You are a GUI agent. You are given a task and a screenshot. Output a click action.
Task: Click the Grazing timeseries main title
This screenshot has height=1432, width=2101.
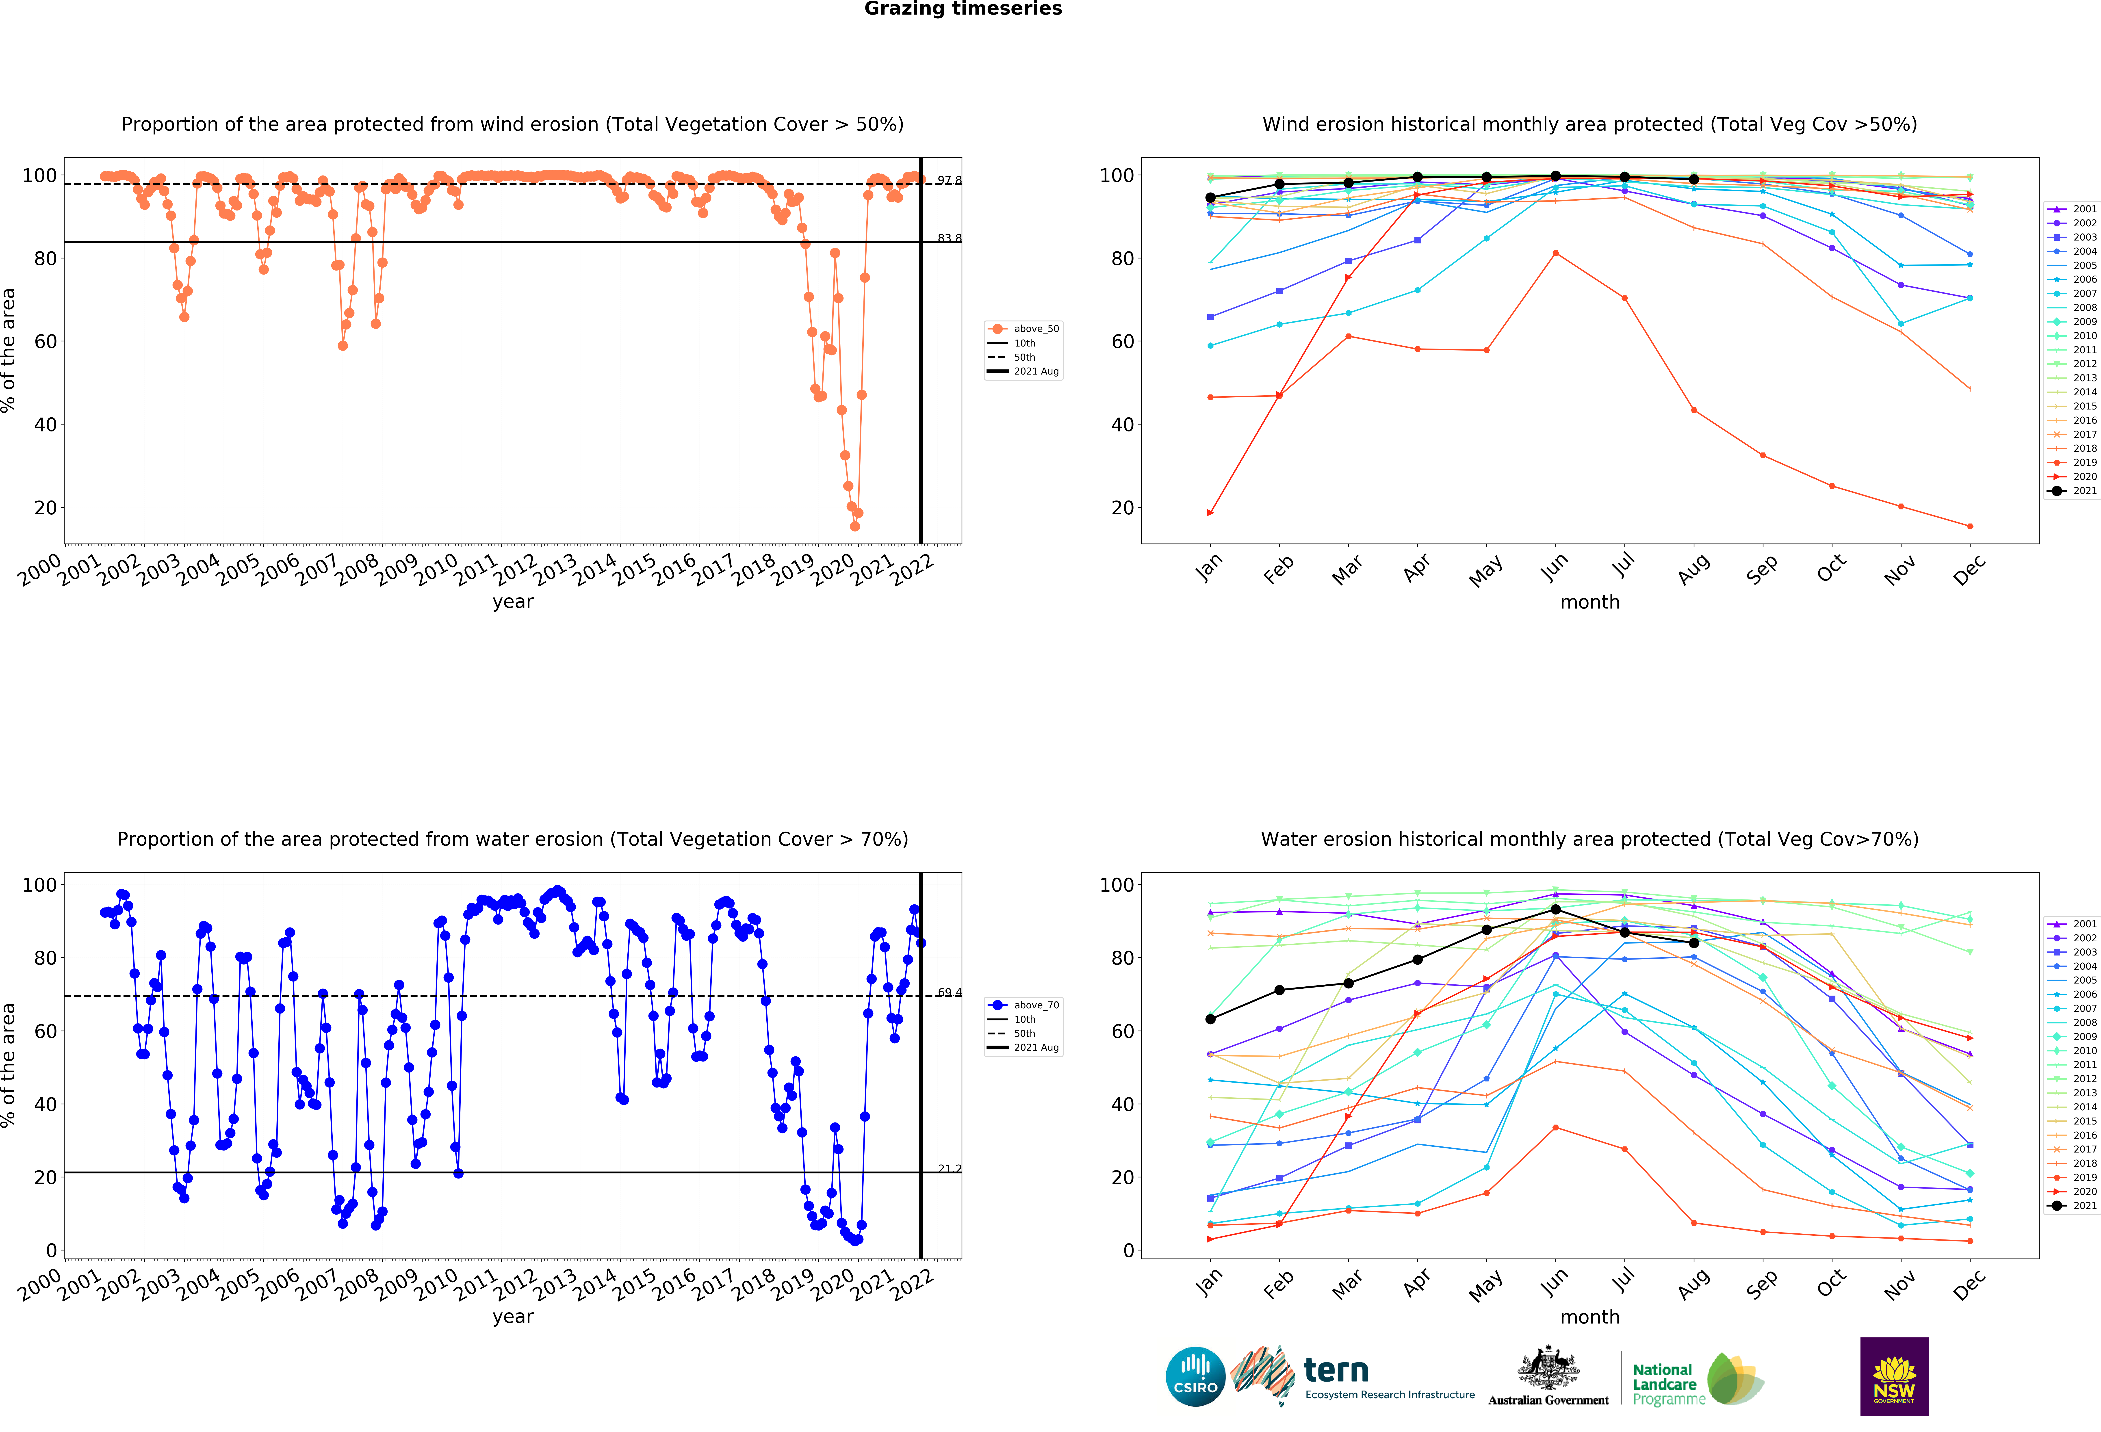(963, 9)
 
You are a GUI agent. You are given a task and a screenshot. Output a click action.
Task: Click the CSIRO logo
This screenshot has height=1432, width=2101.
(1195, 1377)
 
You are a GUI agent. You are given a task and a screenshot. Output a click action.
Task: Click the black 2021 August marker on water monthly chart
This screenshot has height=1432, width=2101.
(1693, 943)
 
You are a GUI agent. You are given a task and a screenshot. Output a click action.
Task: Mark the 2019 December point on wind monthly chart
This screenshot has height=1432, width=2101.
(1970, 526)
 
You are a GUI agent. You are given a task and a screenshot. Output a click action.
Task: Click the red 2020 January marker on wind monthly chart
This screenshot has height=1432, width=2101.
(1210, 513)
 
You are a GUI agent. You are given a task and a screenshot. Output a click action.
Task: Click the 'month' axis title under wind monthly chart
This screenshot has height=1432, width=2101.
(1589, 602)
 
